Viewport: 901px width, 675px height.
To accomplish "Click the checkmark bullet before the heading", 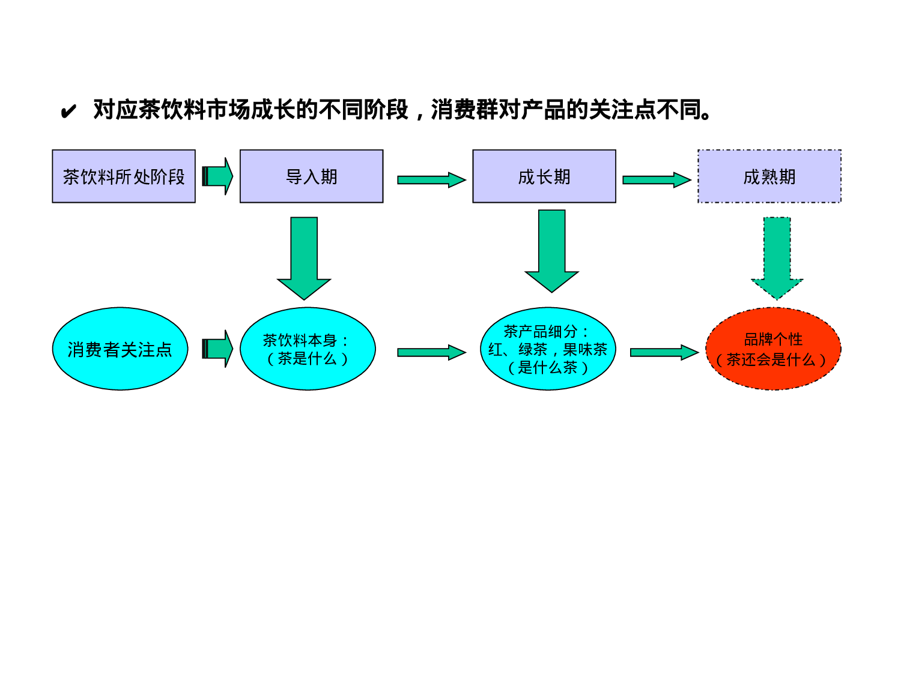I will coord(68,112).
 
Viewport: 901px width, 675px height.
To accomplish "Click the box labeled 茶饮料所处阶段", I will coord(124,176).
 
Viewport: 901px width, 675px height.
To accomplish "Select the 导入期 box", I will coord(311,176).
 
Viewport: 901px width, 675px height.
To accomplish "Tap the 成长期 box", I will coord(544,176).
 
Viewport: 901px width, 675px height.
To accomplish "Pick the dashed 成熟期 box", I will coord(769,176).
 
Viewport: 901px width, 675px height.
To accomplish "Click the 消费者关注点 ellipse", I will coord(120,349).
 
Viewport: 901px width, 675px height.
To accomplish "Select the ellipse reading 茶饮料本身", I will coord(308,349).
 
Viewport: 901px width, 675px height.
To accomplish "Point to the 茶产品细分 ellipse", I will coord(548,349).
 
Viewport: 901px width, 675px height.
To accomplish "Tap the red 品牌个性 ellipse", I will coord(773,349).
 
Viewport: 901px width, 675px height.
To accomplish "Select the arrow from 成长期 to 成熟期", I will coord(657,180).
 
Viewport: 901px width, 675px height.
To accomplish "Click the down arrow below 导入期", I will coord(304,258).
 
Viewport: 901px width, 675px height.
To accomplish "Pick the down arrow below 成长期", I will coord(551,251).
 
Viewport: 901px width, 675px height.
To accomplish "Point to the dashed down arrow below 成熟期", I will coord(777,258).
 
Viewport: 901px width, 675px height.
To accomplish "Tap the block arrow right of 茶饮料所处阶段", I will coord(217,176).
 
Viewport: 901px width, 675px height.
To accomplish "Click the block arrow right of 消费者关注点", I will coord(217,349).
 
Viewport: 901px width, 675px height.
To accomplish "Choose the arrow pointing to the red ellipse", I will coord(664,353).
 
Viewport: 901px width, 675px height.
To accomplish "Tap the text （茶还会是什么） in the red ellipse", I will coord(771,360).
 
